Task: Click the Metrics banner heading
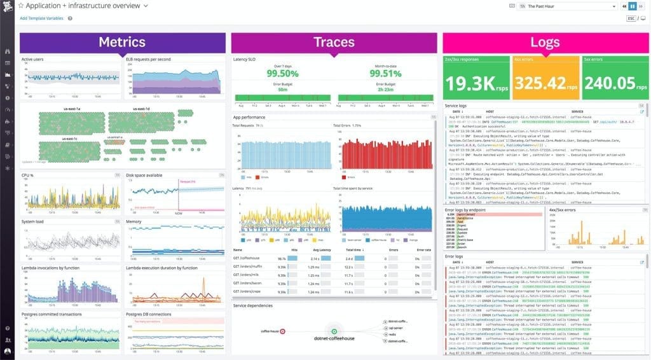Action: [122, 43]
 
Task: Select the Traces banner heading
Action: [334, 43]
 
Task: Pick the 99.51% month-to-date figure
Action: [385, 73]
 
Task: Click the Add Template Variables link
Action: [42, 18]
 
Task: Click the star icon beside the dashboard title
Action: [20, 6]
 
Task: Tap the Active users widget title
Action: [32, 59]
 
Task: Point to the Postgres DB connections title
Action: [149, 314]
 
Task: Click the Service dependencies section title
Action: [253, 306]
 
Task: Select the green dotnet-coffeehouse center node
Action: [333, 331]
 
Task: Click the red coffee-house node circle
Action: [282, 331]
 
